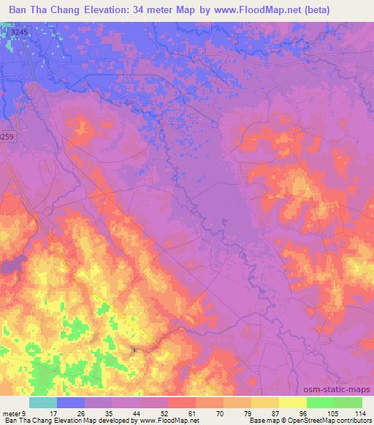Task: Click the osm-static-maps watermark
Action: pyautogui.click(x=342, y=390)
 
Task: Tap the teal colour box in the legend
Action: pyautogui.click(x=43, y=402)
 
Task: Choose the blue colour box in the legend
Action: pyautogui.click(x=71, y=402)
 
